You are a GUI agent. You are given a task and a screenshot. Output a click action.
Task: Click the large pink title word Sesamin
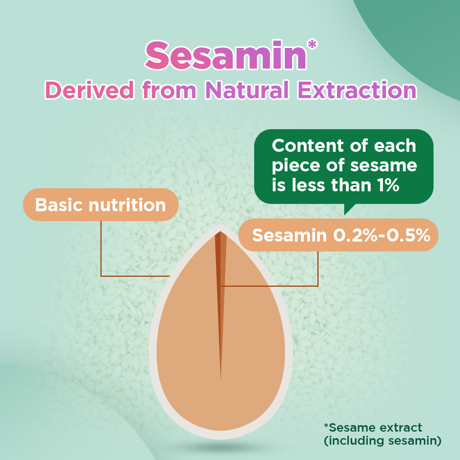click(225, 55)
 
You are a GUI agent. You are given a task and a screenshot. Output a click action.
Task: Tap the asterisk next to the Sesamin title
click(312, 45)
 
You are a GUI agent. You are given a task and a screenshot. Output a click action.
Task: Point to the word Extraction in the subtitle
click(357, 90)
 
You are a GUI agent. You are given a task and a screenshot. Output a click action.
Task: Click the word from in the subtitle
click(169, 90)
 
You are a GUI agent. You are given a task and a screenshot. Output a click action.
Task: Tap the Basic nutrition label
click(100, 205)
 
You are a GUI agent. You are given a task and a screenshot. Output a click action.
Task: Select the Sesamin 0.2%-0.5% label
click(338, 235)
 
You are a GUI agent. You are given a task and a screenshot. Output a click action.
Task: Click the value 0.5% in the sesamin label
click(408, 235)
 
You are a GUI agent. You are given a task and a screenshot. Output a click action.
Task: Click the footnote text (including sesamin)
click(383, 441)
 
